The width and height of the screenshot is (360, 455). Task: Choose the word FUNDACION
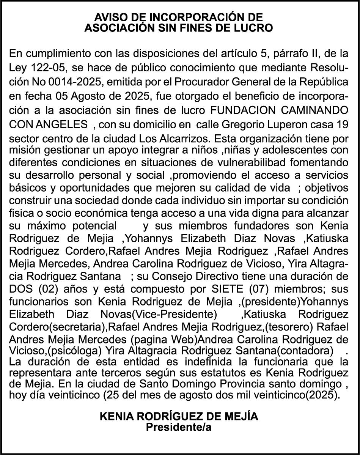(x=243, y=110)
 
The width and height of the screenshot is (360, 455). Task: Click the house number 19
(x=343, y=124)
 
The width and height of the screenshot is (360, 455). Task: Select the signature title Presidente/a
(x=179, y=427)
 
